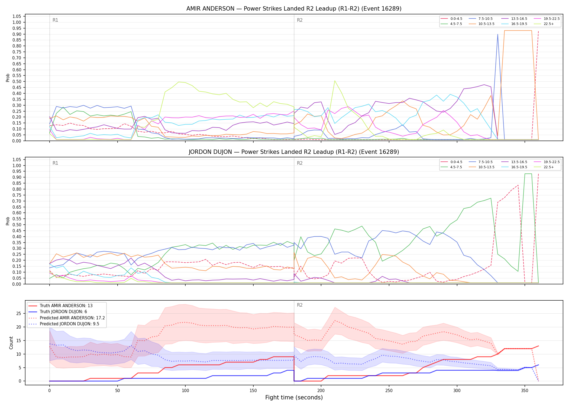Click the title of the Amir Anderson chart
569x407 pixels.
[294, 9]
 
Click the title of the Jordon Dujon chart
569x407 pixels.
[294, 152]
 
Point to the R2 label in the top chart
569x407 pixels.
[300, 20]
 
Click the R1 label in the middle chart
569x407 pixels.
[55, 163]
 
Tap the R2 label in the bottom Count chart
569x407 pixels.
[300, 305]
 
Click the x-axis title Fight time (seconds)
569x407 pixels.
[294, 398]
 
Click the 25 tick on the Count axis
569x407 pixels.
[19, 314]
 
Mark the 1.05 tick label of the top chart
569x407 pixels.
[17, 17]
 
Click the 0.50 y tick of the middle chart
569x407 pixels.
[17, 225]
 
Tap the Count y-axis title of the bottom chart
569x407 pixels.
[11, 343]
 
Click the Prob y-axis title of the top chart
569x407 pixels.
[8, 78]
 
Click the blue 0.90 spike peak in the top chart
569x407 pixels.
[497, 34]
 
